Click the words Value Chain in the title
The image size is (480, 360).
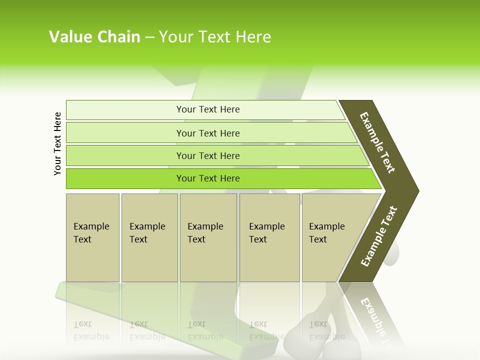(x=94, y=37)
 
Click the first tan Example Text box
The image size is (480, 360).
(x=92, y=260)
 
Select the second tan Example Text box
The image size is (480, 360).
(x=149, y=260)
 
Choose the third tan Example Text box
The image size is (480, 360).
(x=208, y=260)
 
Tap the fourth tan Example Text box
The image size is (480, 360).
(x=269, y=260)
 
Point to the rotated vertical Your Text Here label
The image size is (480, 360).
(x=57, y=143)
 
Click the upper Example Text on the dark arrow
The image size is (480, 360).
(x=377, y=142)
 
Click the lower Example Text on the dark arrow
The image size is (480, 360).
(x=379, y=236)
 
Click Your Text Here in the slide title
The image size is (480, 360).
(x=215, y=37)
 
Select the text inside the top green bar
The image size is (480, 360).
(x=208, y=109)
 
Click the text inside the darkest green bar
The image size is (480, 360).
(x=208, y=178)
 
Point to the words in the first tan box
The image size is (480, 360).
(x=91, y=233)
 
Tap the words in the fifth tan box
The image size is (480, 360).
(x=326, y=233)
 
